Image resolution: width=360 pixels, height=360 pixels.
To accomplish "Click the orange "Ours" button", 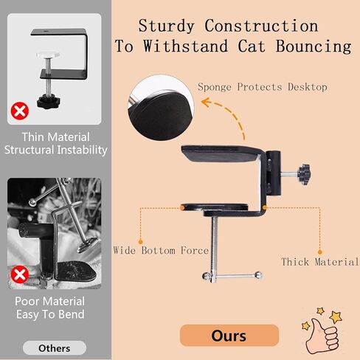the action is [229, 335].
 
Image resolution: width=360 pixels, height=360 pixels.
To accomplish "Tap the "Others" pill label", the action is [55, 348].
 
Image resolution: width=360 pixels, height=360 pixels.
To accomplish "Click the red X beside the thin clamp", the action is [20, 111].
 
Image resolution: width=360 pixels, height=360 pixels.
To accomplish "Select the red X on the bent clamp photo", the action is [20, 274].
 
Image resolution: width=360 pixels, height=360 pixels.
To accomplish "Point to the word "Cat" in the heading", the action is [252, 46].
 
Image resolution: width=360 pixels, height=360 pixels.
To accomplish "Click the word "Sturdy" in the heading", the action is [166, 26].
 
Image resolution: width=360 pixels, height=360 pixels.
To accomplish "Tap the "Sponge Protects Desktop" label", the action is [263, 87].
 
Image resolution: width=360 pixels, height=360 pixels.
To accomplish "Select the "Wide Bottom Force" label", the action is [161, 250].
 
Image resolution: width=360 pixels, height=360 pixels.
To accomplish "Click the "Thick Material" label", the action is [320, 262].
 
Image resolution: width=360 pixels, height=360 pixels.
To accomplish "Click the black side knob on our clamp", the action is [304, 174].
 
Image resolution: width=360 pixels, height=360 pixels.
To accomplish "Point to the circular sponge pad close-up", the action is [161, 108].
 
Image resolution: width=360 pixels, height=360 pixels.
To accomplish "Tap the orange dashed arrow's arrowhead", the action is [206, 102].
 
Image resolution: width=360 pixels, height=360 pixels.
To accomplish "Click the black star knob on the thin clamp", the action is [49, 101].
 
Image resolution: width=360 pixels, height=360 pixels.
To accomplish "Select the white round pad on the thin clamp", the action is [48, 55].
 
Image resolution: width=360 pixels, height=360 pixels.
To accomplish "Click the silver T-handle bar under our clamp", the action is [232, 276].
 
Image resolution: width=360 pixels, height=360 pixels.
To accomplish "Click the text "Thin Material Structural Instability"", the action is [55, 143].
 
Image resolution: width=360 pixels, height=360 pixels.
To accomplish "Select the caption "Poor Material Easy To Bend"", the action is [50, 308].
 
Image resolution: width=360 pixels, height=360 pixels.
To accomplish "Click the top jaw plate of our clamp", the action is [221, 153].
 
